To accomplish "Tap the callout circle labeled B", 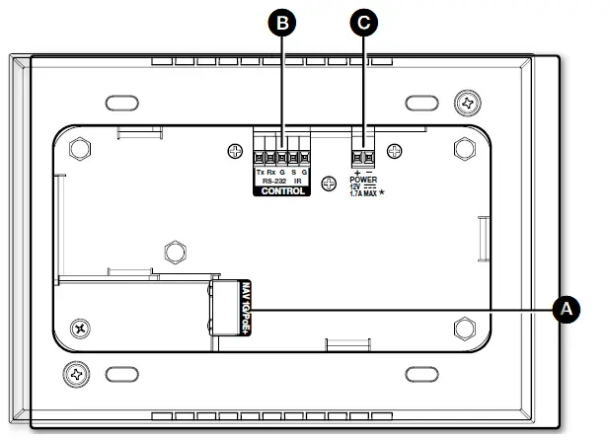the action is (283, 24).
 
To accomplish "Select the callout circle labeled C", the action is (365, 24).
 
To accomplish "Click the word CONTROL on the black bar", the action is (282, 191).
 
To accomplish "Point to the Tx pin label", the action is (261, 173).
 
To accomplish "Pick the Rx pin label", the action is (271, 173).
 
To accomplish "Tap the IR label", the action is (298, 182).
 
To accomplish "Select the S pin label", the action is (293, 173).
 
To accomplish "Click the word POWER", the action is (364, 180).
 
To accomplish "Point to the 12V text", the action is (356, 187).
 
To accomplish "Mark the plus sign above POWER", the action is (357, 173).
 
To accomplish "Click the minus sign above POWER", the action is (370, 173).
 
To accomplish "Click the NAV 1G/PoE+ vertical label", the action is (247, 308).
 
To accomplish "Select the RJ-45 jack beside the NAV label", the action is (226, 308).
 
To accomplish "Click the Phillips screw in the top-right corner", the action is (467, 102).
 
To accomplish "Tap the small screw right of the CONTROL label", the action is (395, 150).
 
